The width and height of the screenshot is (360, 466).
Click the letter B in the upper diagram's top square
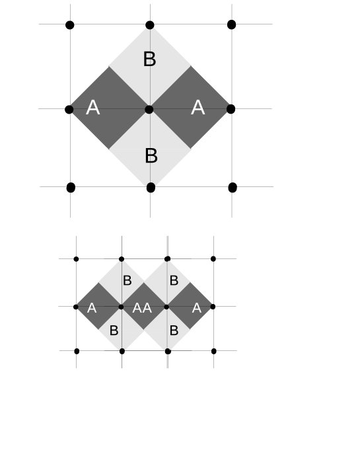click(150, 59)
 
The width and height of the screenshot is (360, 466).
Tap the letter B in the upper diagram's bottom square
click(151, 156)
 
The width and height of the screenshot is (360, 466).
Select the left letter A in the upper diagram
click(92, 108)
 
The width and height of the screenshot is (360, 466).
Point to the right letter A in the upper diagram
click(198, 108)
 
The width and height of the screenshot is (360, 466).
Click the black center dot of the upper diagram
click(149, 109)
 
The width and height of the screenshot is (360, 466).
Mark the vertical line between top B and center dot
click(150, 86)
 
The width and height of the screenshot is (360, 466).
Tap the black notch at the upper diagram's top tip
click(150, 28)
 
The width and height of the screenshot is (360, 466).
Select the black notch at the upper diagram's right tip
click(229, 108)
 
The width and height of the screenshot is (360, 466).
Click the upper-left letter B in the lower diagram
click(127, 280)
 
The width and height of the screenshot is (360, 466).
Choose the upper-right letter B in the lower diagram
click(174, 280)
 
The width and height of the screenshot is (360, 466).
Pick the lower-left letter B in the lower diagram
click(114, 330)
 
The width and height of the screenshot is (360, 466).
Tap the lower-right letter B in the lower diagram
click(174, 330)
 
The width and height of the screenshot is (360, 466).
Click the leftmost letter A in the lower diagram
click(92, 308)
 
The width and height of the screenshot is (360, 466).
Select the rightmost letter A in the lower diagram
click(196, 307)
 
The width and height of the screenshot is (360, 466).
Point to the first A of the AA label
click(137, 308)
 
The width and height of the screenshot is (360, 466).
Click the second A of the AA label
click(147, 308)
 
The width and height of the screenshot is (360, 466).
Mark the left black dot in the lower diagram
click(121, 307)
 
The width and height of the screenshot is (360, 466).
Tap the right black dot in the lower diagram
click(166, 307)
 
